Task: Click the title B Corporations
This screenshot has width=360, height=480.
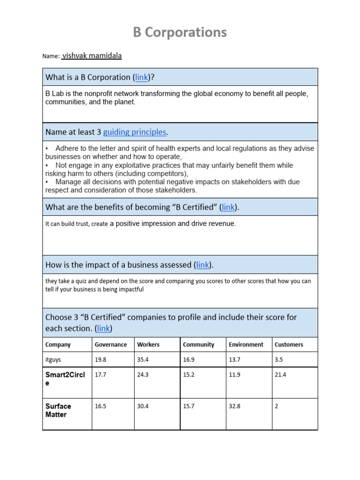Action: pos(180,32)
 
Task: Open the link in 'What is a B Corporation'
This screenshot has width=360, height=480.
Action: pos(142,77)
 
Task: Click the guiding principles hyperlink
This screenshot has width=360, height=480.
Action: pos(135,132)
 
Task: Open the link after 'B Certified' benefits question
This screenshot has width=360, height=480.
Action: pos(228,207)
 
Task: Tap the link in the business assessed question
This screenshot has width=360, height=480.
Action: pos(202,265)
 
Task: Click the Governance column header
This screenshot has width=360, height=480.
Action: pos(111,345)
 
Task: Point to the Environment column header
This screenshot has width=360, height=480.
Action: pos(246,345)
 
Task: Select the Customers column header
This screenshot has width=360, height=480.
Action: pos(289,345)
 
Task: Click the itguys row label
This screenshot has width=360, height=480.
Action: pos(54,360)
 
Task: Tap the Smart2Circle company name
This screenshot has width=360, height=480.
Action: pos(65,379)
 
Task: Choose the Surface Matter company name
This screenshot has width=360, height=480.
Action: pos(58,410)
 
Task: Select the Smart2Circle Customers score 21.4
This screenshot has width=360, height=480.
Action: pos(280,375)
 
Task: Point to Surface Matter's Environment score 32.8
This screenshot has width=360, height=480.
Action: pos(234,406)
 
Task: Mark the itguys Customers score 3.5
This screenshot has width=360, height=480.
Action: pos(278,360)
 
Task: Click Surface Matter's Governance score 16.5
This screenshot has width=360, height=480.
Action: pos(100,406)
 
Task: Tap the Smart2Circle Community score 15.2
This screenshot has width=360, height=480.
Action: pos(189,375)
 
